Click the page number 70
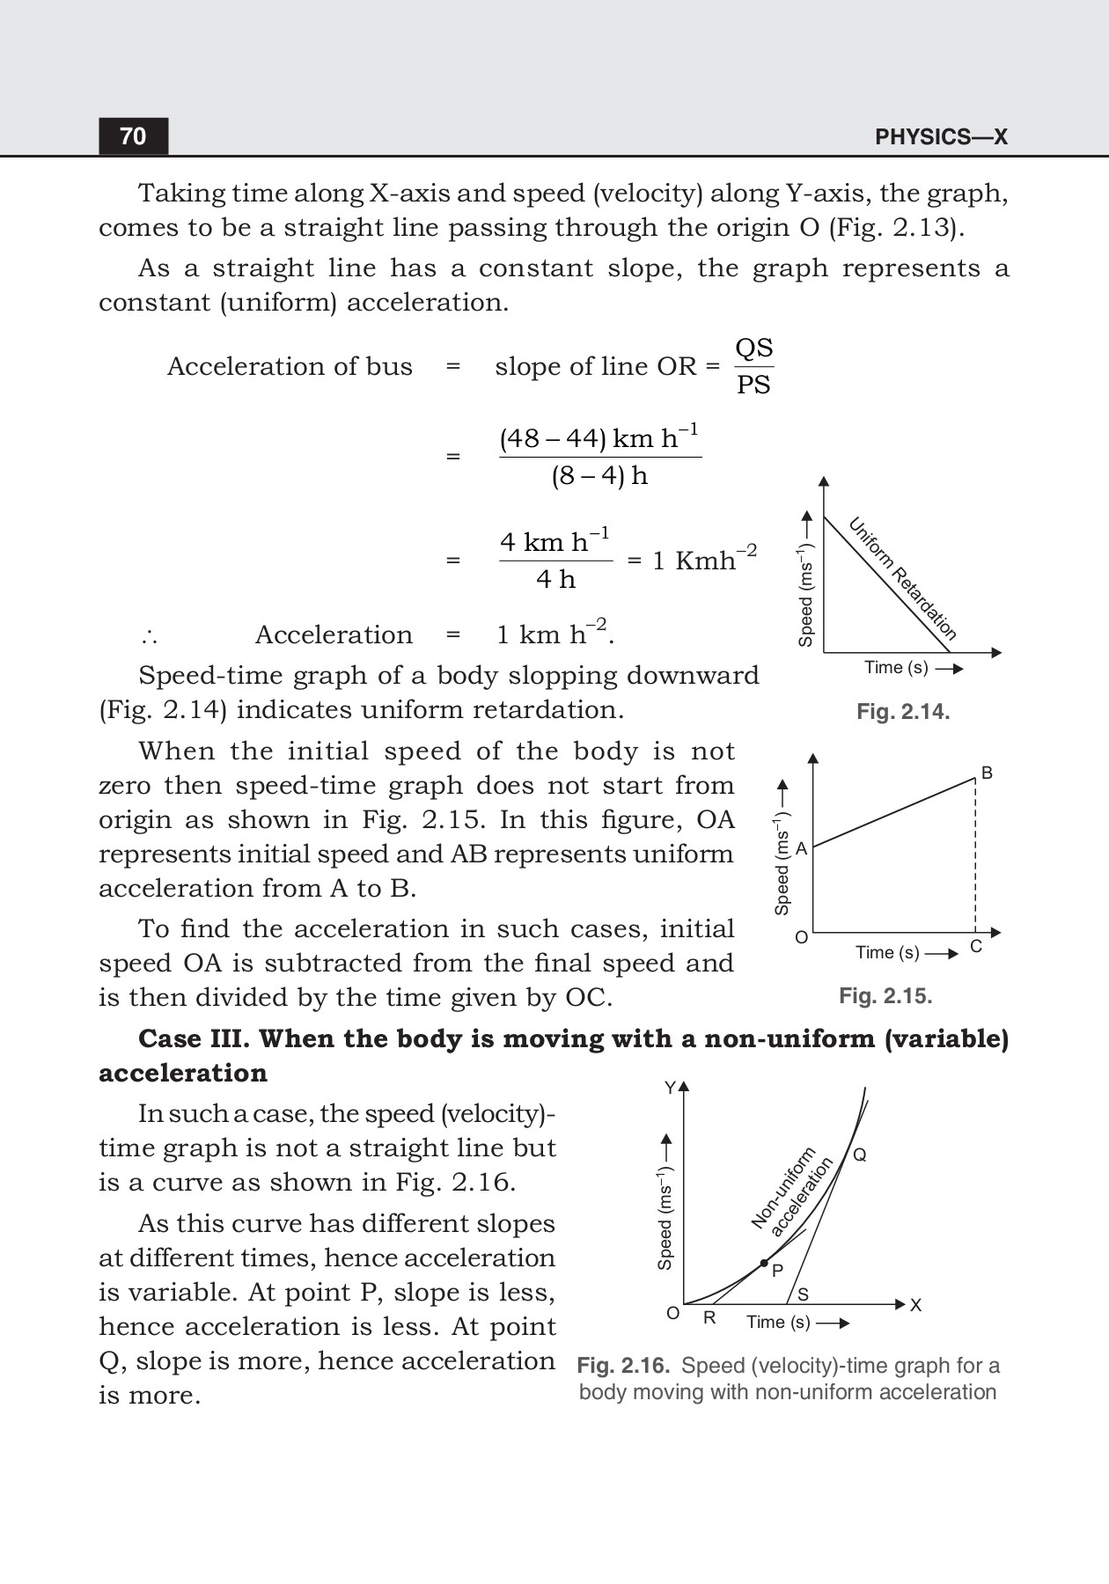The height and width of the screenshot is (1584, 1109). click(133, 136)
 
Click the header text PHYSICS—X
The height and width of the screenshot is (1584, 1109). click(941, 137)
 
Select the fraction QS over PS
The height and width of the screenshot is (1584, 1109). click(753, 366)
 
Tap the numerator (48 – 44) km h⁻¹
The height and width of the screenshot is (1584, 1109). click(599, 438)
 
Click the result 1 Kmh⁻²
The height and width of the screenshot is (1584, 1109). click(703, 560)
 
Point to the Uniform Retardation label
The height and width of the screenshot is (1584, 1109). click(902, 578)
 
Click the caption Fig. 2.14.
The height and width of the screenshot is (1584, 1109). click(903, 712)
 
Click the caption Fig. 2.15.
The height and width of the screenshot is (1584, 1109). click(885, 996)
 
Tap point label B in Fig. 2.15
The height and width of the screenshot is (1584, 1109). click(987, 773)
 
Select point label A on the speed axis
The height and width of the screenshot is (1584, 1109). click(801, 848)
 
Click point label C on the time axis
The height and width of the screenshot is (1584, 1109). click(975, 947)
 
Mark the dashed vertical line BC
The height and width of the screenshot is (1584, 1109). click(975, 858)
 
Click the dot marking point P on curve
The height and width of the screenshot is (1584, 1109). click(764, 1263)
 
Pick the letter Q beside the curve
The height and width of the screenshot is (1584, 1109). click(860, 1155)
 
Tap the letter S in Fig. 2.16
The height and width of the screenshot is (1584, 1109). click(803, 1294)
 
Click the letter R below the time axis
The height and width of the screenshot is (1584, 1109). click(709, 1318)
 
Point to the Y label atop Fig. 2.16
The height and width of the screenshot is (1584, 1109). click(670, 1088)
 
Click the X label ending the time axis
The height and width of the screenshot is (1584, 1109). click(916, 1305)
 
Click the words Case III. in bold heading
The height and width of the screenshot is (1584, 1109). click(195, 1038)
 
